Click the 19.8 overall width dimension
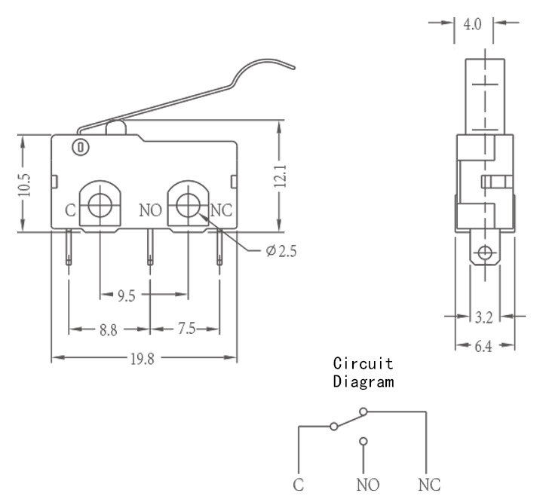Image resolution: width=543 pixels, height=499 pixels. [x=142, y=360]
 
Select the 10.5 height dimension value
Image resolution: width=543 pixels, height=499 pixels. [x=25, y=185]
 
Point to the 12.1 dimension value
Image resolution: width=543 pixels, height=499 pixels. [x=280, y=176]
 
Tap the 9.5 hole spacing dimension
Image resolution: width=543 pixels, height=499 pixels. [x=126, y=296]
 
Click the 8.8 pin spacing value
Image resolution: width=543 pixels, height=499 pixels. [x=109, y=330]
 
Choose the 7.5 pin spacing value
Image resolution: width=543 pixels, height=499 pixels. [x=187, y=328]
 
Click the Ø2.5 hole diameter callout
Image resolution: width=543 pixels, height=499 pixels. [x=281, y=251]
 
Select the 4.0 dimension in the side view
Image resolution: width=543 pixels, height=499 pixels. [x=473, y=24]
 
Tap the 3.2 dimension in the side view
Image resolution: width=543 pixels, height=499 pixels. [x=483, y=317]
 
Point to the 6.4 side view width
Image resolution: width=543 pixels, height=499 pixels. [x=483, y=346]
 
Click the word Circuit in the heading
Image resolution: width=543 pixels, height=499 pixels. [x=364, y=363]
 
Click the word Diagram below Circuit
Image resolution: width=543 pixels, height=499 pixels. [x=364, y=381]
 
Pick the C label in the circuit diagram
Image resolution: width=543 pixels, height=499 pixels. [x=298, y=485]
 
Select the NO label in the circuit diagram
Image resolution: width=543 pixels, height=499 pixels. [x=368, y=485]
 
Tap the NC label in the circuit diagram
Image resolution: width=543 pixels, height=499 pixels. [x=429, y=485]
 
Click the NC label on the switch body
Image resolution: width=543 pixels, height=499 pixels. [x=221, y=210]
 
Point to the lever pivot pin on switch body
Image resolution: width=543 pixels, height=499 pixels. [x=81, y=148]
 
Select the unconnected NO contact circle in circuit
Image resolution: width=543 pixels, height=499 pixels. [x=364, y=441]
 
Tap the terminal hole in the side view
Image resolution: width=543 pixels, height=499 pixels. [x=485, y=253]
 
